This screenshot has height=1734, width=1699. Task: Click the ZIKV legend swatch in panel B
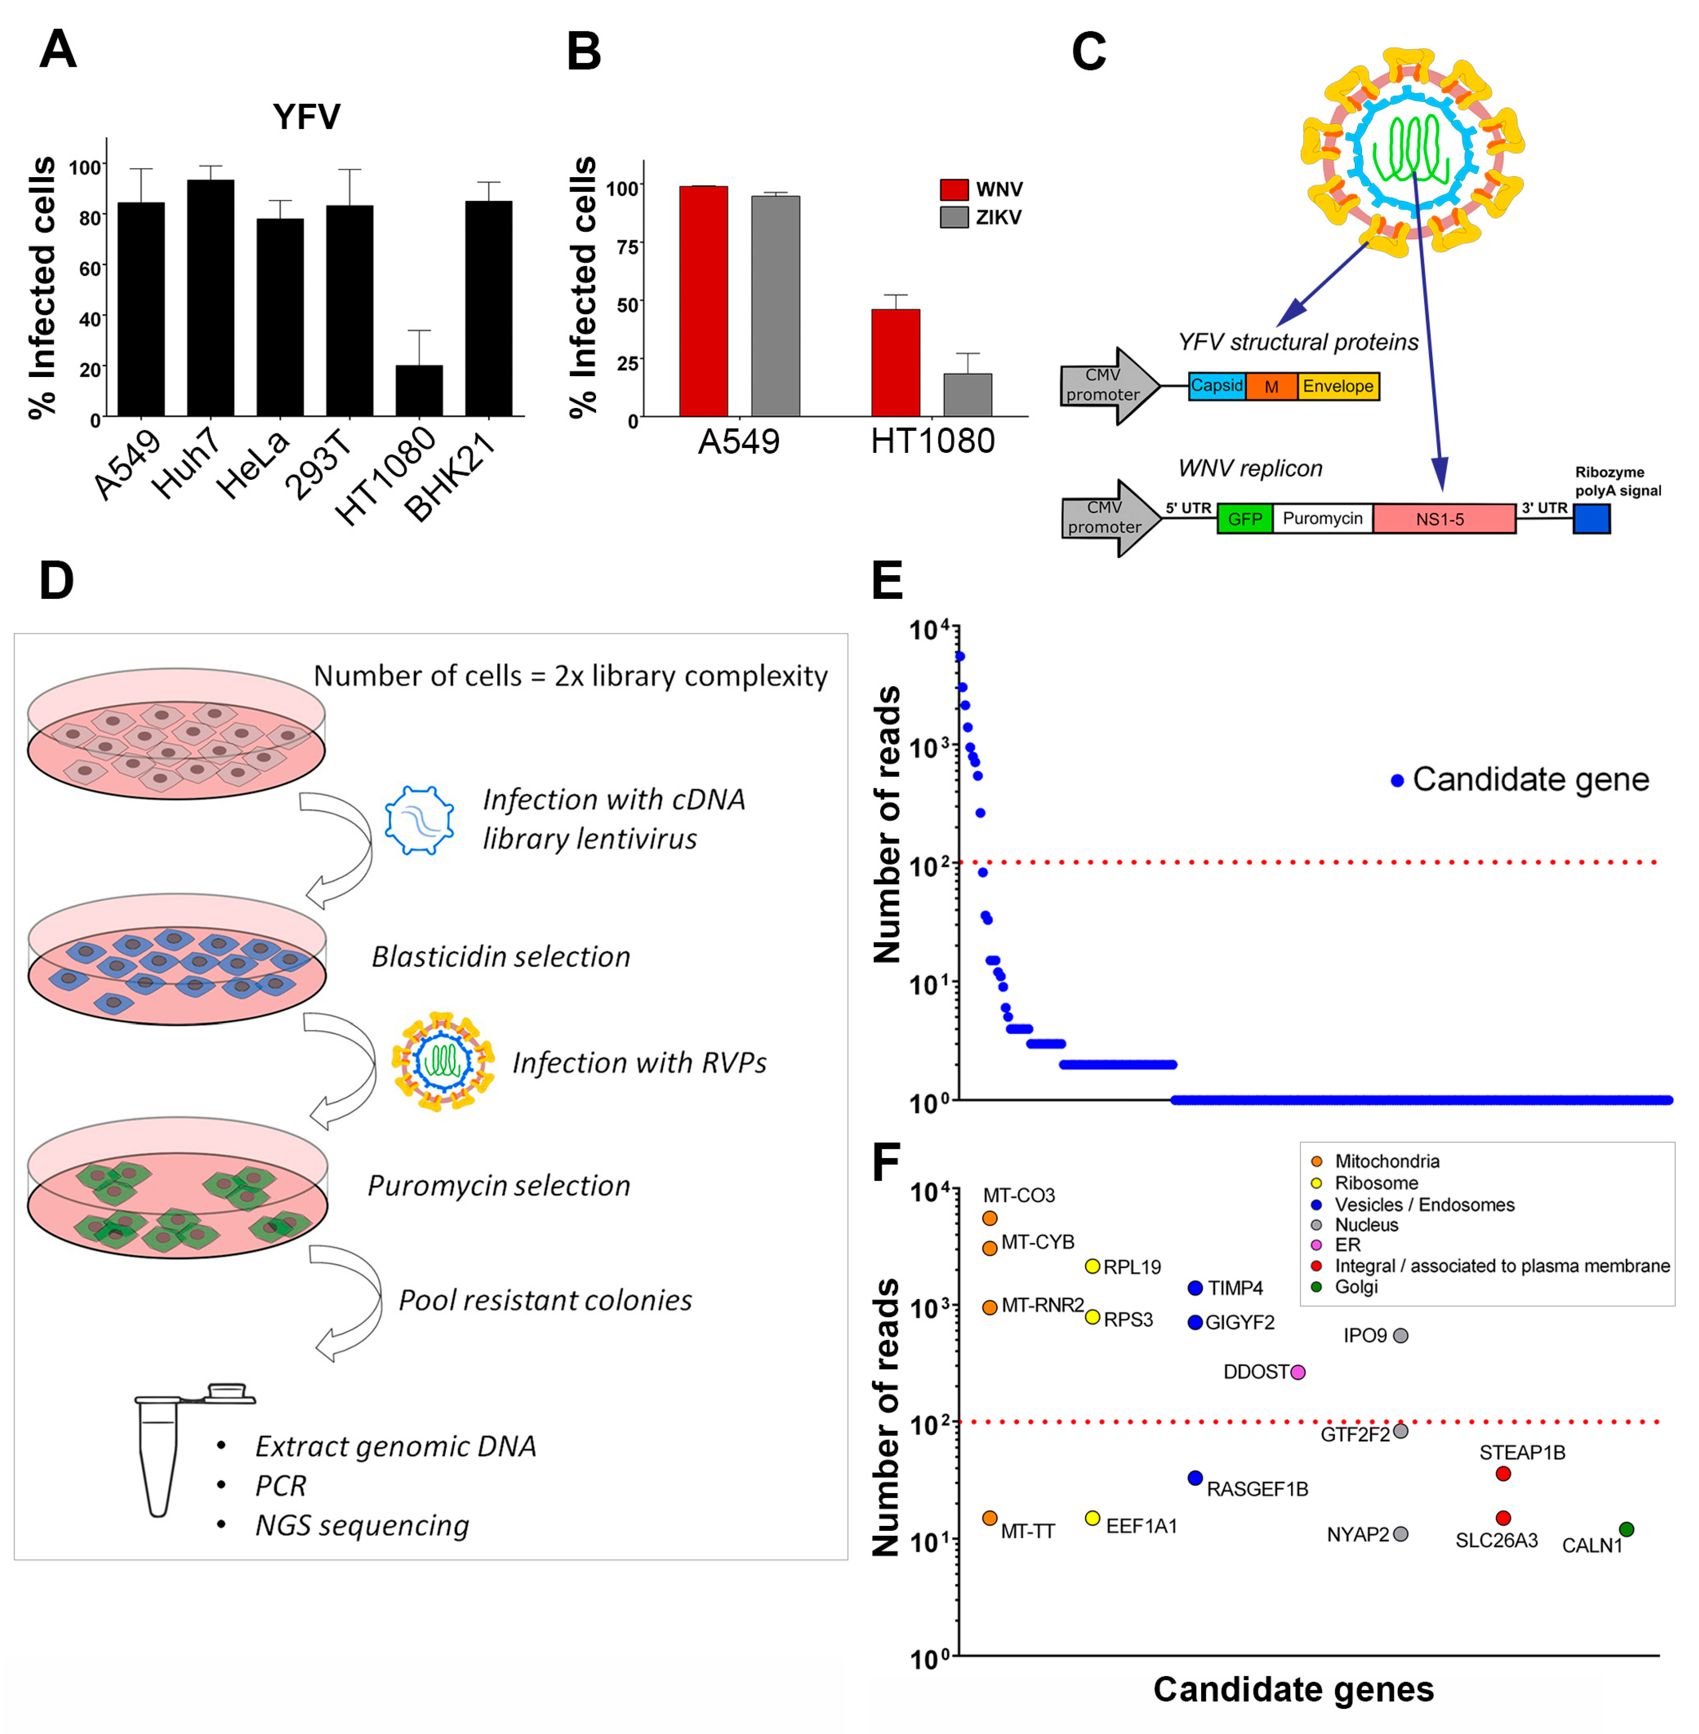tap(954, 217)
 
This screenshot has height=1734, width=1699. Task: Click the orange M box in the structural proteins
tap(1270, 387)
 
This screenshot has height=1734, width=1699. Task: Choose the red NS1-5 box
tap(1443, 519)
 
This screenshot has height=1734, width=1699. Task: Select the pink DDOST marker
tap(1298, 1372)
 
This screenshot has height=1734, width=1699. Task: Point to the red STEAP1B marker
tap(1503, 1474)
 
